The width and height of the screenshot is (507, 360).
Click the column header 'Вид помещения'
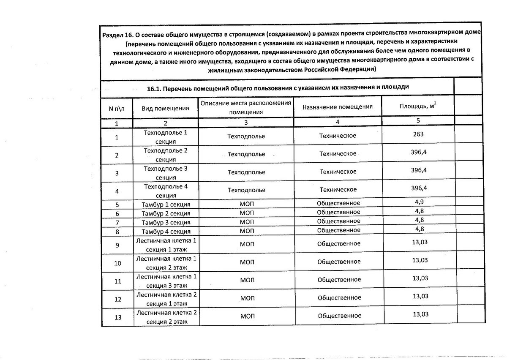(165, 108)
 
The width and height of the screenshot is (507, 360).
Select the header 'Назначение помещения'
(337, 107)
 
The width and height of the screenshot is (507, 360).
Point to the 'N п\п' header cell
(117, 108)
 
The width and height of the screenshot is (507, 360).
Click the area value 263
(418, 134)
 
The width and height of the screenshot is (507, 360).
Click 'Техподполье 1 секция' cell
(165, 136)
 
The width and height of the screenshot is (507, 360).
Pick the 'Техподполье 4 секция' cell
(165, 191)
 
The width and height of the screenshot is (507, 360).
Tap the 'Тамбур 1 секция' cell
(166, 205)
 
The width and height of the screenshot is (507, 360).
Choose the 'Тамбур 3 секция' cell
(166, 223)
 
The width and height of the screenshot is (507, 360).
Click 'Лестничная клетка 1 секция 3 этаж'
(166, 281)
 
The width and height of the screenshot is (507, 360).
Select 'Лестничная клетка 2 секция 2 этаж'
(166, 317)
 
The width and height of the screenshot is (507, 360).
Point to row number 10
(117, 263)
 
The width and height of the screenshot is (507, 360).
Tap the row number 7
(117, 223)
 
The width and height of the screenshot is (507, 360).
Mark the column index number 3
(246, 123)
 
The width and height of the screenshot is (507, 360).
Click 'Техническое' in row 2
(338, 153)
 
